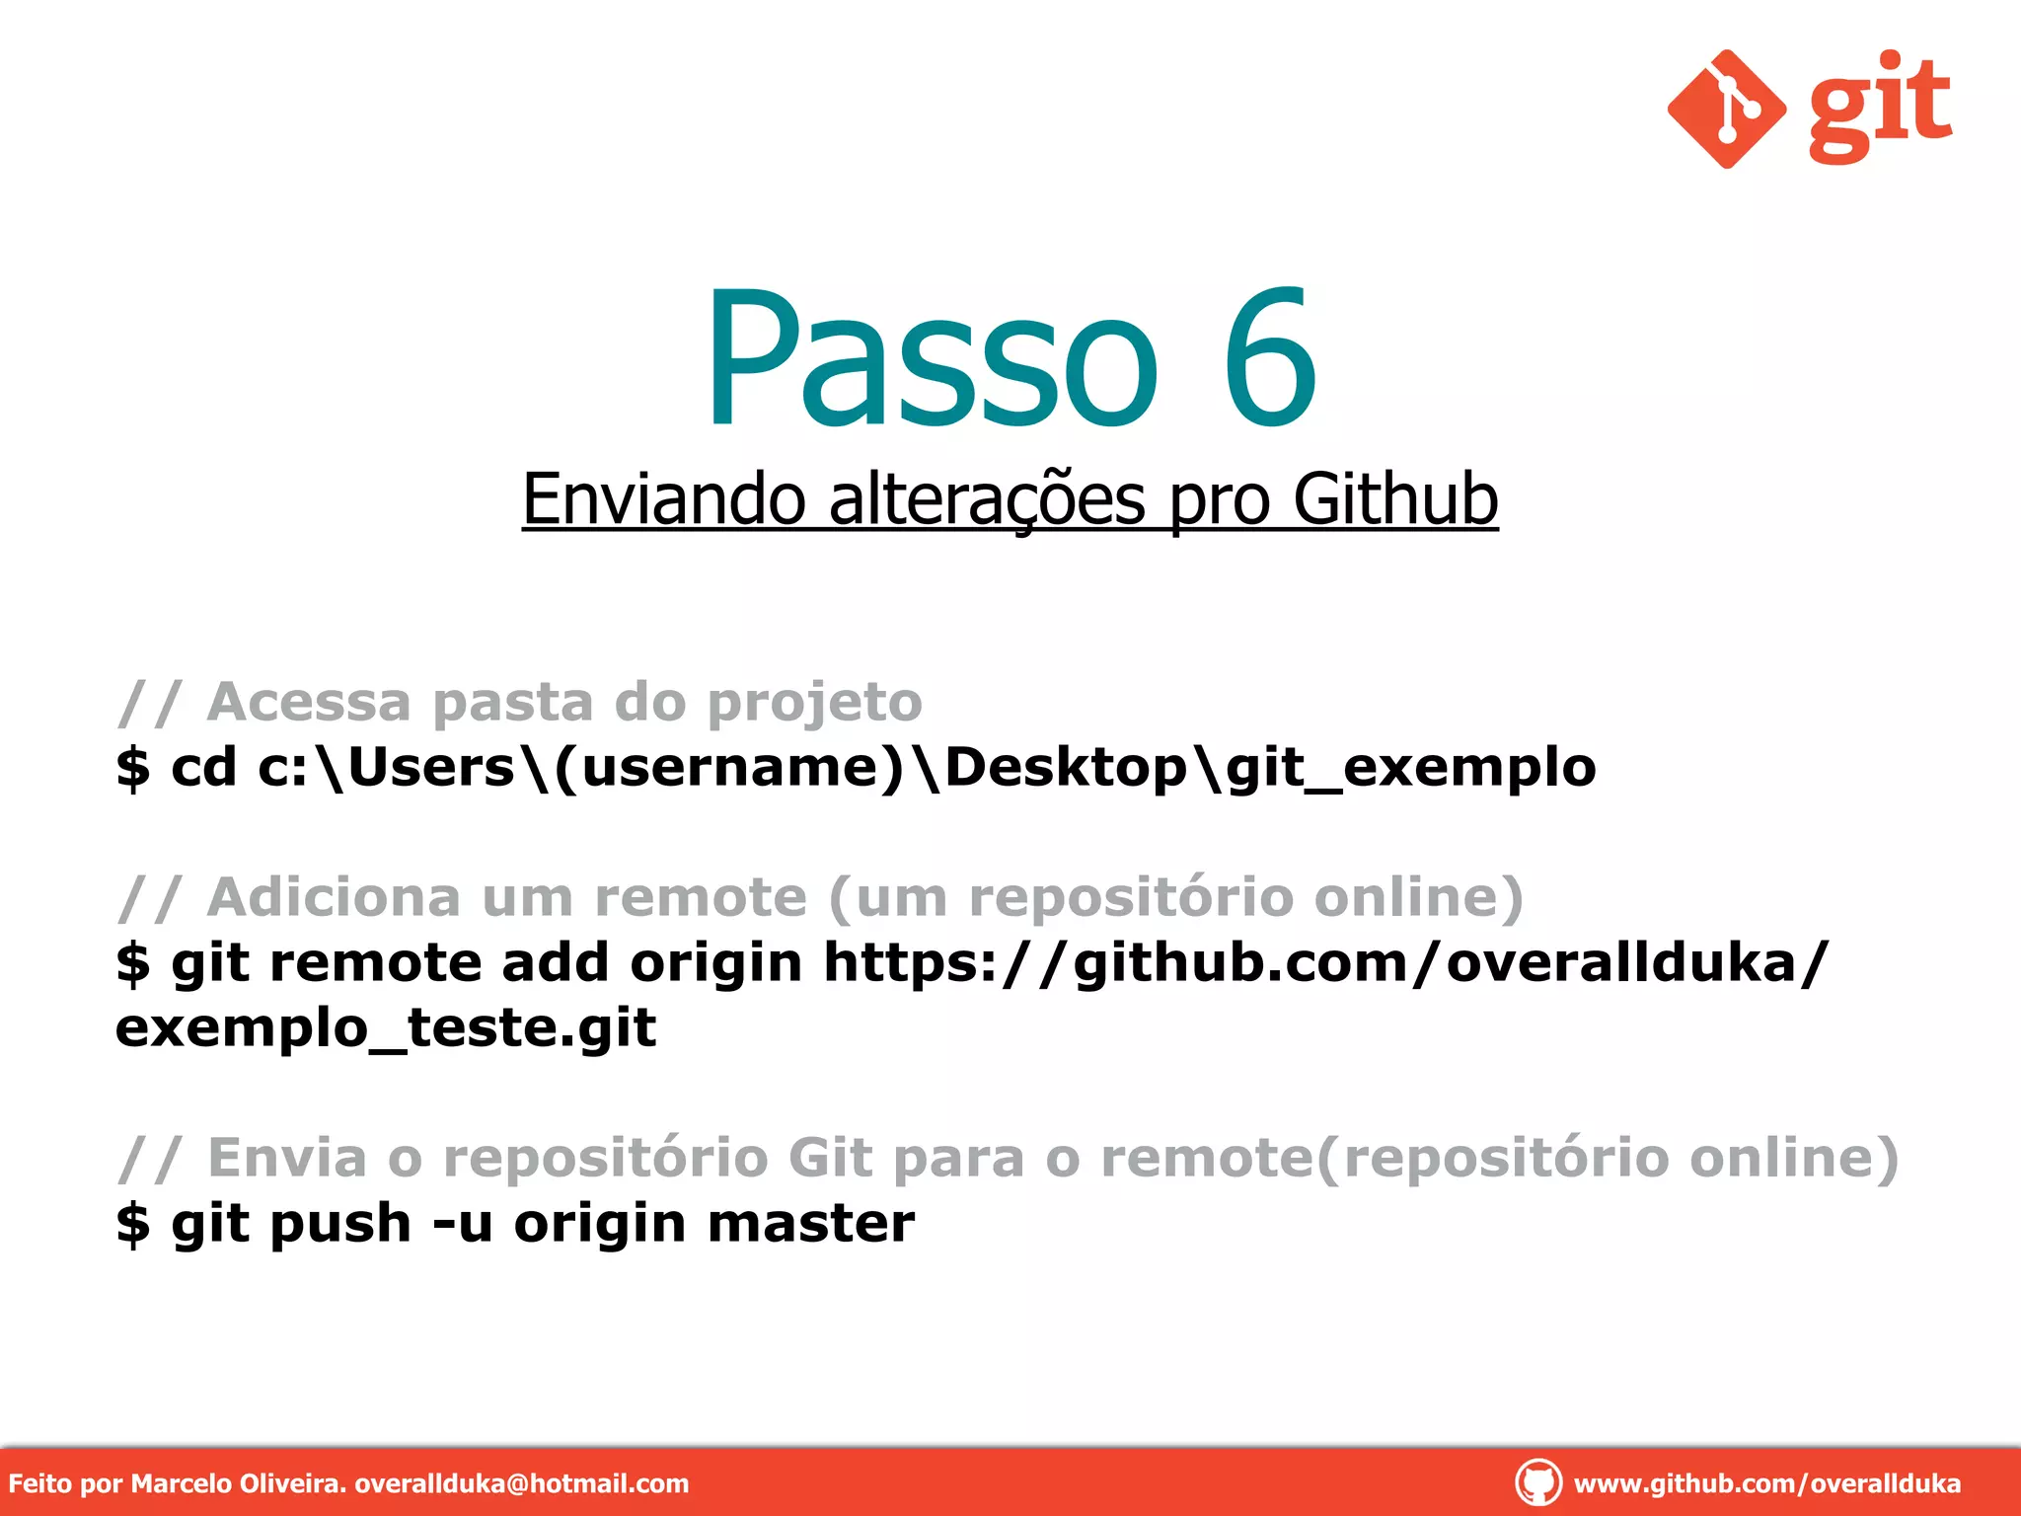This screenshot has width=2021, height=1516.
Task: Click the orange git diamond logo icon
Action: tap(1726, 109)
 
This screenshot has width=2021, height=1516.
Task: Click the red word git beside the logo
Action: tap(1880, 107)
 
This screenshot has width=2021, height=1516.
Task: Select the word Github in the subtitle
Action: tap(1395, 499)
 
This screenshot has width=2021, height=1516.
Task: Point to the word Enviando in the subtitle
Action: tap(664, 499)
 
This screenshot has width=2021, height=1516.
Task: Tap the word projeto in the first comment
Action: tap(815, 703)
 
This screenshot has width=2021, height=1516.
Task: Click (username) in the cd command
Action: tap(728, 768)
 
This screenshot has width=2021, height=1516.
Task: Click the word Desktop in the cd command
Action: tap(1066, 767)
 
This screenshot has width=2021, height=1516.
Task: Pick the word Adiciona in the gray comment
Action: tap(334, 897)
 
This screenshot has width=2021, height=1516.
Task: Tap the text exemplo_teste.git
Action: tap(385, 1028)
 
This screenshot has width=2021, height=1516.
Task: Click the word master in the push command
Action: tap(811, 1224)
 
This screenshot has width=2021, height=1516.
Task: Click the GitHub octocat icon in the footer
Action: tap(1537, 1482)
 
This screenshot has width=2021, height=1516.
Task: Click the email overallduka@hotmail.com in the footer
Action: tap(521, 1483)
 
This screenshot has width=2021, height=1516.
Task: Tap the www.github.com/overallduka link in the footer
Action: tap(1766, 1483)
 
